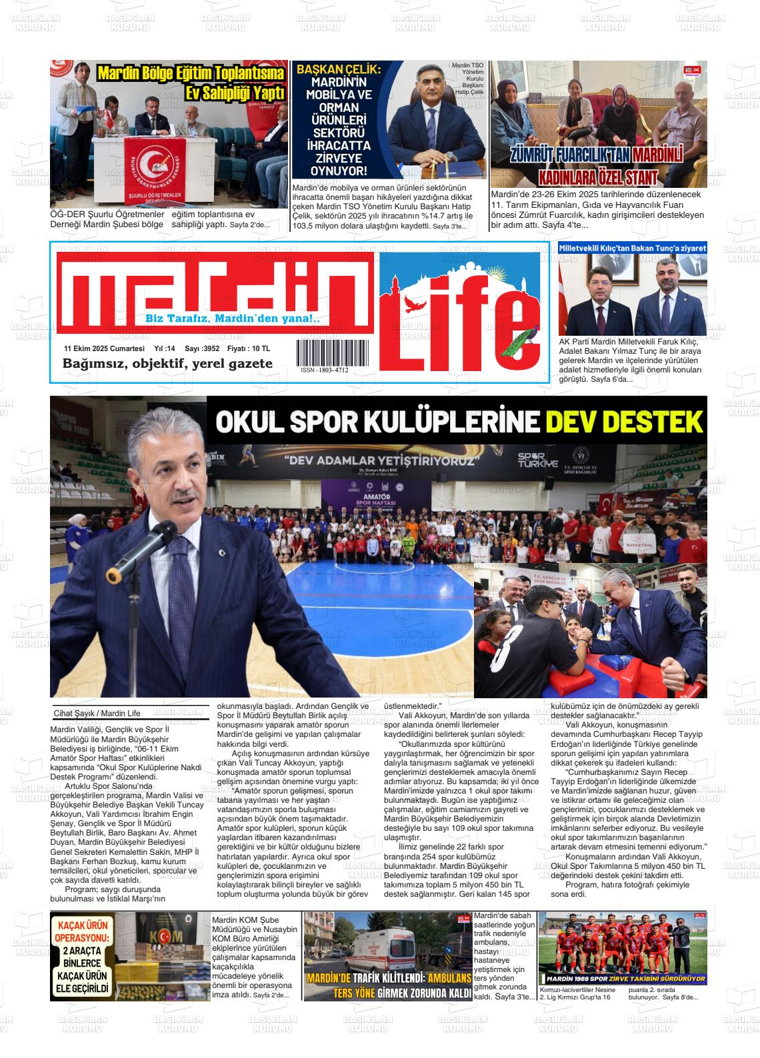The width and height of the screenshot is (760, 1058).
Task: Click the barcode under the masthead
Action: pyautogui.click(x=323, y=352)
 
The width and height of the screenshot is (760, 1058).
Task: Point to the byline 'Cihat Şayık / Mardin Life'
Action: pyautogui.click(x=97, y=714)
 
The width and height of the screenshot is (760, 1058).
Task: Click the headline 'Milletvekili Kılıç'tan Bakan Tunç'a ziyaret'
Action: pyautogui.click(x=632, y=248)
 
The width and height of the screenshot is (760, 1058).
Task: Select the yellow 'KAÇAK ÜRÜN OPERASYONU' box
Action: pyautogui.click(x=84, y=957)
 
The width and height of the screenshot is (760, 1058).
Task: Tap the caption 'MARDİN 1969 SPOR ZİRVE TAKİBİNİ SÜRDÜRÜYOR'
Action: pyautogui.click(x=622, y=979)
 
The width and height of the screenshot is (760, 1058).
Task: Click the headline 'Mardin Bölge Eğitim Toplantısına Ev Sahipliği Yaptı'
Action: pyautogui.click(x=191, y=83)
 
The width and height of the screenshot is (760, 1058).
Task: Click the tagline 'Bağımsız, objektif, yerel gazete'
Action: pyautogui.click(x=167, y=364)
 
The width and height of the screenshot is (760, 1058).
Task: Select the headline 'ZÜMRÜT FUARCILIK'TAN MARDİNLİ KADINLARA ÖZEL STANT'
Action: pyautogui.click(x=598, y=167)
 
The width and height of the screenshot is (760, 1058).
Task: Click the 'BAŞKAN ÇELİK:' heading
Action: pyautogui.click(x=338, y=69)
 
